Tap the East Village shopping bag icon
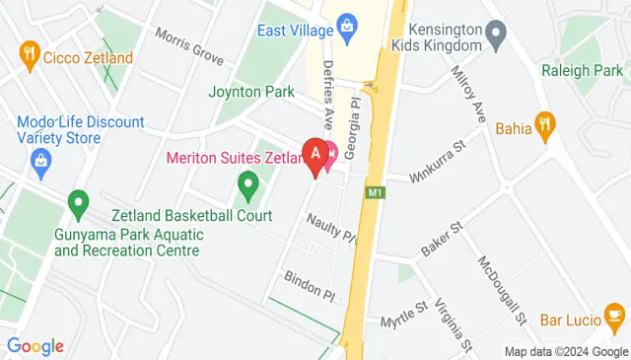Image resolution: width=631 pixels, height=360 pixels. tap(346, 23)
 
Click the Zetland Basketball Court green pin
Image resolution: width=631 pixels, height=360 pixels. tap(248, 183)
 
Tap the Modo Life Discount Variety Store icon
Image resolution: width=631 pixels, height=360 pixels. tap(40, 169)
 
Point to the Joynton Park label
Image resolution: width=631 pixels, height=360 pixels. tap(251, 92)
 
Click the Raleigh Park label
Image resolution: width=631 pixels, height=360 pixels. tap(581, 70)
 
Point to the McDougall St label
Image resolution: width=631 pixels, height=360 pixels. tap(502, 290)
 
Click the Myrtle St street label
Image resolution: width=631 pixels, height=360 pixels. tap(406, 313)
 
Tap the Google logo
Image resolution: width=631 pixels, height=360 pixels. tap(35, 346)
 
